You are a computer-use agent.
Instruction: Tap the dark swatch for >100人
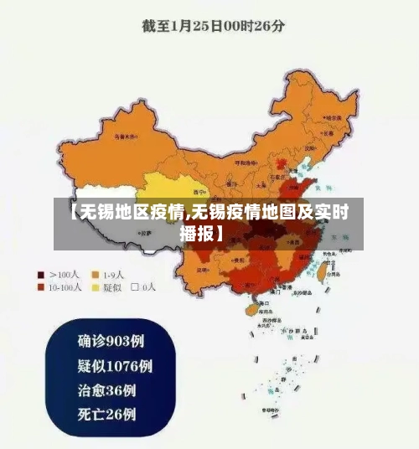pyautogui.click(x=39, y=274)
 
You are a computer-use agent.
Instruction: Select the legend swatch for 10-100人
pyautogui.click(x=39, y=287)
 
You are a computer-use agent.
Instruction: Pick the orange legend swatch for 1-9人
pyautogui.click(x=96, y=274)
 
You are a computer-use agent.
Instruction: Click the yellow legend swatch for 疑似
pyautogui.click(x=96, y=287)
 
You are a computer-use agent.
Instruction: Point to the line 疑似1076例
pyautogui.click(x=115, y=366)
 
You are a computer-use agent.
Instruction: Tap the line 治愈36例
pyautogui.click(x=107, y=390)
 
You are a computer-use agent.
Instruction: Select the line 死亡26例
pyautogui.click(x=107, y=414)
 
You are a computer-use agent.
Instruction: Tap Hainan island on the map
pyautogui.click(x=251, y=309)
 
